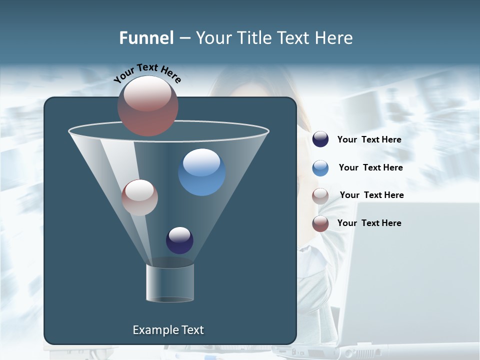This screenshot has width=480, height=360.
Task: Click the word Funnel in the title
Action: point(146,38)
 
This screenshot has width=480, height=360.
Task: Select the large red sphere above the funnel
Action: point(148,105)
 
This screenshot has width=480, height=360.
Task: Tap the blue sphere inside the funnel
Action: point(201,172)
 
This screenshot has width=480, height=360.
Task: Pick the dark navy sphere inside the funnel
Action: point(179,240)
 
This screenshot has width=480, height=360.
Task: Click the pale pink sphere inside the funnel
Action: point(139,197)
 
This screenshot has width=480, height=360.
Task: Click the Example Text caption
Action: point(168,330)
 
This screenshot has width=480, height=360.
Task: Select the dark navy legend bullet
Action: point(320,139)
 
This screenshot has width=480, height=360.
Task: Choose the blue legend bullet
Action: point(320,168)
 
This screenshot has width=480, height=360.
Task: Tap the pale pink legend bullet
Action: point(320,195)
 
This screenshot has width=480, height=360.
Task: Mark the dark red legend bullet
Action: point(320,223)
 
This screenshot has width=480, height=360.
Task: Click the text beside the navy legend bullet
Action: point(369,140)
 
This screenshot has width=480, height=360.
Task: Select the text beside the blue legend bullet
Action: point(370,168)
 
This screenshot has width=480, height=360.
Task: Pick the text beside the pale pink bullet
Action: point(371,195)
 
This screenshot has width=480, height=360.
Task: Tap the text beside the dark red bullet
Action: point(369,223)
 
